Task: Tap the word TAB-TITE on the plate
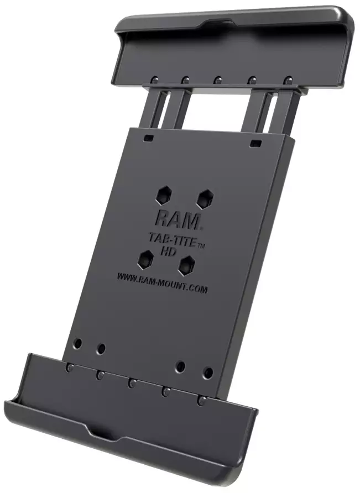point(168,237)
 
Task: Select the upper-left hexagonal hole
point(164,193)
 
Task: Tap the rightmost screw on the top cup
point(287,81)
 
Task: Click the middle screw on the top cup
point(218,79)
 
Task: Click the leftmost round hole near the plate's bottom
point(78,343)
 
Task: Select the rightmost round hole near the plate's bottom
point(208,373)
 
